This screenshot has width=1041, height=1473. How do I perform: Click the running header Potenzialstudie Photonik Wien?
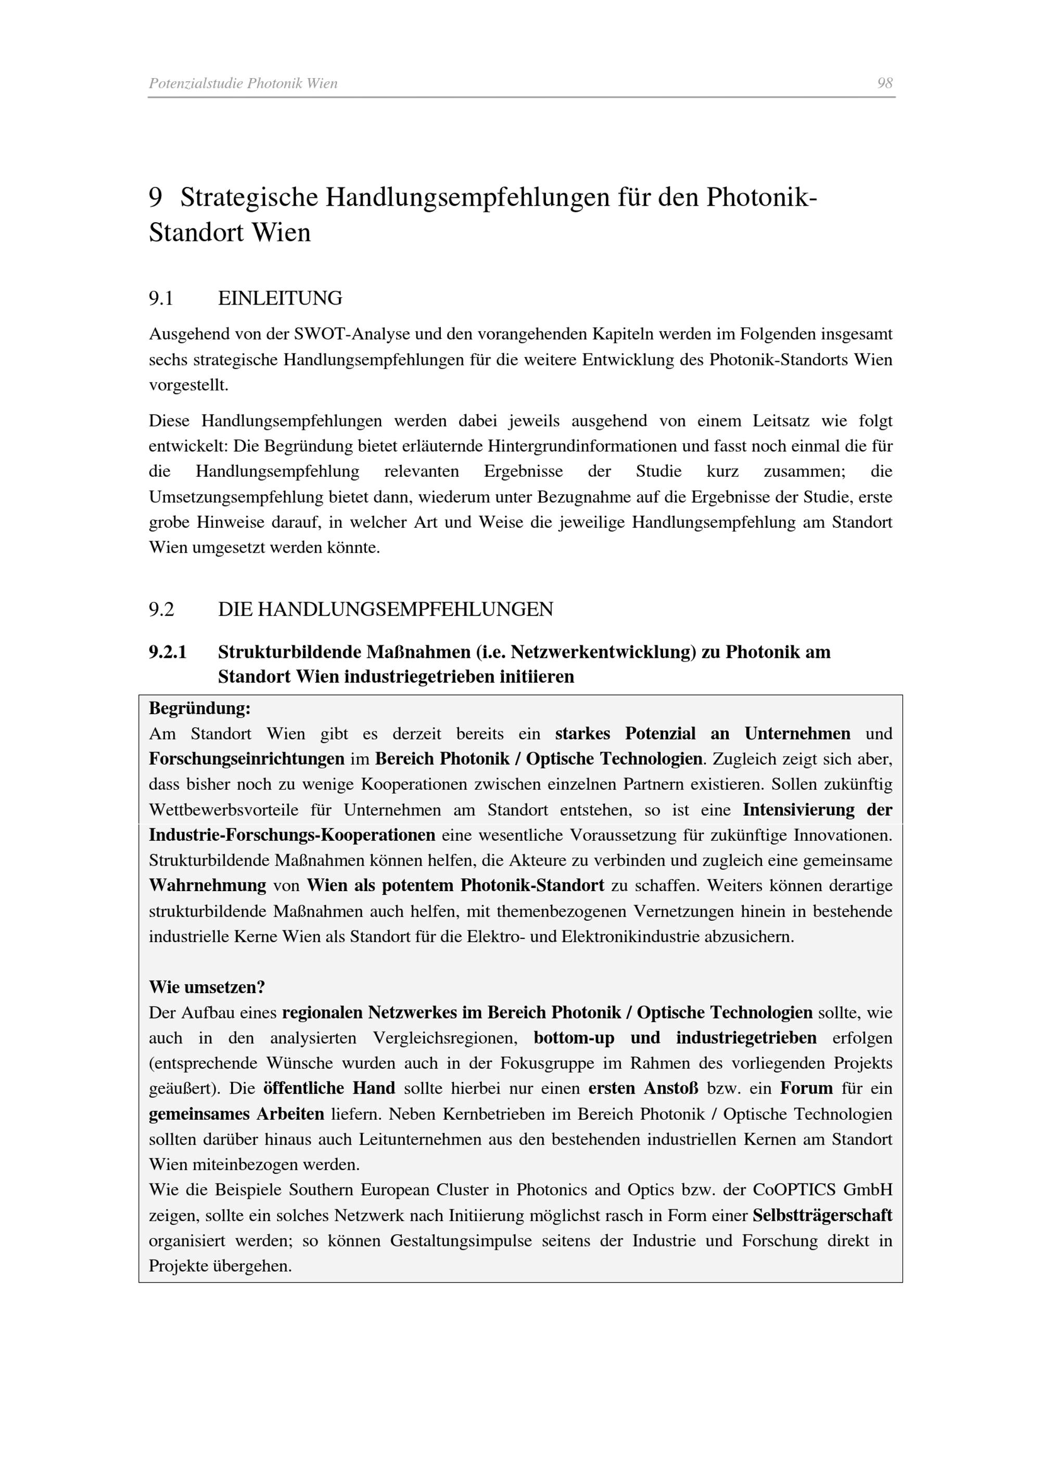[243, 83]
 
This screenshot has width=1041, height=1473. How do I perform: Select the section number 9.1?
[161, 298]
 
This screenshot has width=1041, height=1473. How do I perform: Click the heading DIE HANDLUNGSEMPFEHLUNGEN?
[386, 609]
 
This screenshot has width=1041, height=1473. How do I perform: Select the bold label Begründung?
[199, 708]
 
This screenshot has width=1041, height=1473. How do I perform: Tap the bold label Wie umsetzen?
[207, 987]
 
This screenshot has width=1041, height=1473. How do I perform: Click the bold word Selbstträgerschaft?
[822, 1216]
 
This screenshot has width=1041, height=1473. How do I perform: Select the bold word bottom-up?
[574, 1038]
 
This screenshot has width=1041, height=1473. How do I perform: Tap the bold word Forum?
[806, 1089]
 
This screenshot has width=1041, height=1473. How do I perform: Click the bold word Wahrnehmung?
[207, 886]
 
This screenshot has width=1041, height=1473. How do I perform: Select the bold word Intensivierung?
[798, 810]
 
